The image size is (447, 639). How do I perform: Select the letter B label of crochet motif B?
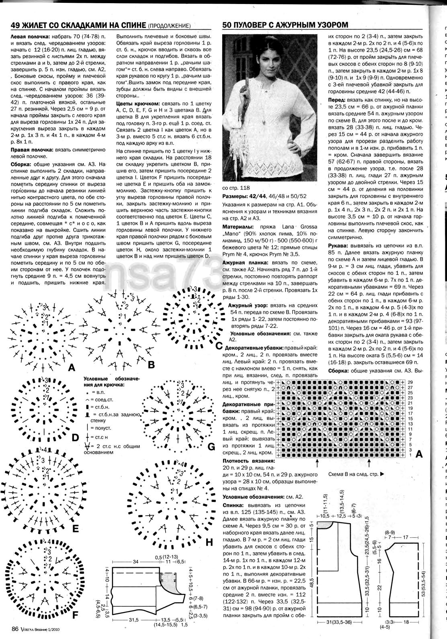[151, 365]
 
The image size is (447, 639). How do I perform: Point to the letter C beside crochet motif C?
[219, 345]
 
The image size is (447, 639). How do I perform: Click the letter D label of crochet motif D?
[75, 437]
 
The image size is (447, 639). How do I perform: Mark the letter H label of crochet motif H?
[209, 542]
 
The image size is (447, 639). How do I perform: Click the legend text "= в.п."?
[98, 391]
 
